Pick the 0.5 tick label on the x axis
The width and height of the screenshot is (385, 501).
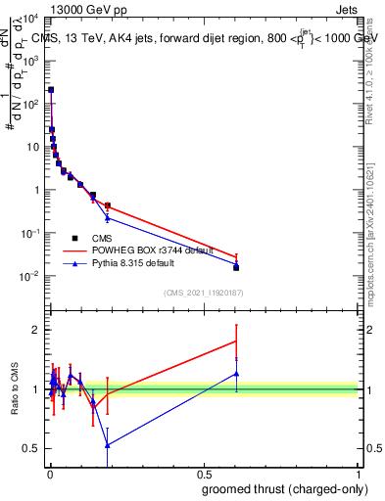pos(204,473)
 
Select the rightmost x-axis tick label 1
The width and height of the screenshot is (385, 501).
pos(359,473)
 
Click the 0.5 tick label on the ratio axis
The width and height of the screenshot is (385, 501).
pos(32,448)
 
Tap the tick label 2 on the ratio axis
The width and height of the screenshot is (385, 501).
pos(37,330)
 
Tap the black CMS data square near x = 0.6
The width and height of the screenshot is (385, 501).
pos(236,267)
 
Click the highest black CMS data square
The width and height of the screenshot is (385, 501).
pos(51,89)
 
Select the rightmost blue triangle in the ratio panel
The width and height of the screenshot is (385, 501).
pos(236,373)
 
